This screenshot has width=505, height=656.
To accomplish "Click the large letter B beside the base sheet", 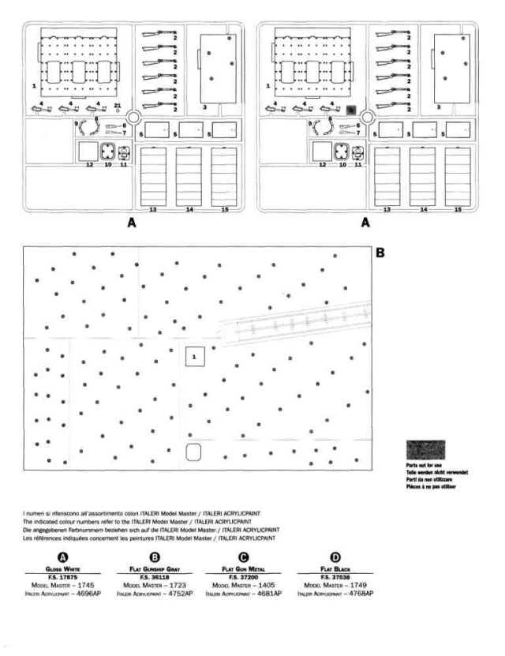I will coord(381,254).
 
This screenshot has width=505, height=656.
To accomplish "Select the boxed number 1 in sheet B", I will coord(196,358).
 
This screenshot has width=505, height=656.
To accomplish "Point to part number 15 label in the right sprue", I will coord(458,210).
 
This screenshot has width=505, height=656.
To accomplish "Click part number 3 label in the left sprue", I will coord(204,106).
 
